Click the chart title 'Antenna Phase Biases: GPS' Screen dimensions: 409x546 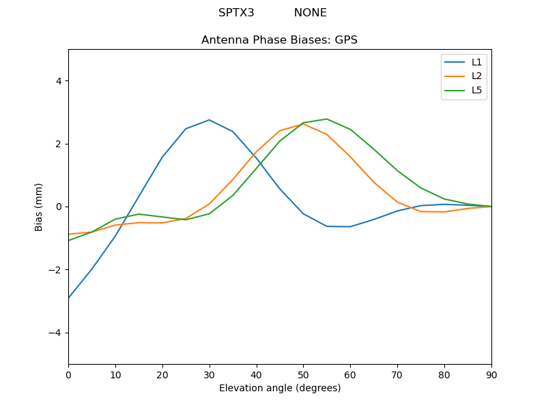[279, 40]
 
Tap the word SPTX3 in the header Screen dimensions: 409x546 [236, 13]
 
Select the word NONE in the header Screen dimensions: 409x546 [311, 13]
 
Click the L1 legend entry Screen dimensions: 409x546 [476, 62]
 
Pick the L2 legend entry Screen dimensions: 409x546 [476, 76]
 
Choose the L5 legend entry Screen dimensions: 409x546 [476, 90]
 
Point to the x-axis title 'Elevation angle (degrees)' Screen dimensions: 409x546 [280, 389]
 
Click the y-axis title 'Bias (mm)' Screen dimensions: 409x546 [39, 207]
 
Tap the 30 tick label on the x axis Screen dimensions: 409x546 [210, 374]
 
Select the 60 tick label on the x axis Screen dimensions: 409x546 [350, 374]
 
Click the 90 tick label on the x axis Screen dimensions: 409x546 [491, 374]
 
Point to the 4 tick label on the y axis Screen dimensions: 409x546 [59, 81]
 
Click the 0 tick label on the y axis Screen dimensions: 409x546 [59, 207]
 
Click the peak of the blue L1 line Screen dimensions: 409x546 [209, 120]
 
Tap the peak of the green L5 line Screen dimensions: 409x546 [326, 119]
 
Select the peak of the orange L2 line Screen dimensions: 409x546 [304, 124]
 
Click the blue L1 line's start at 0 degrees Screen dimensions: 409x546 [69, 298]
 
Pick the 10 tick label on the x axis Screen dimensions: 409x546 [115, 374]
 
